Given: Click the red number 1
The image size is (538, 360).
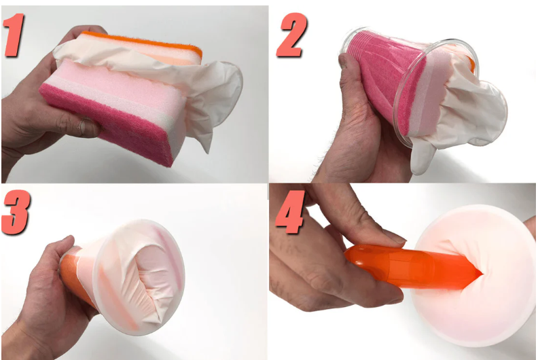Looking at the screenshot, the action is pos(14,35).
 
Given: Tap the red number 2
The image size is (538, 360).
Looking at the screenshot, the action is pos(291,35).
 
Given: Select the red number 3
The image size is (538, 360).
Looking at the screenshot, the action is pos(16,212).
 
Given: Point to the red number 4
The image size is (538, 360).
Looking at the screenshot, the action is pos(290,212).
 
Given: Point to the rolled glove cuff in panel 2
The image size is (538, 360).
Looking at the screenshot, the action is pos(487,110).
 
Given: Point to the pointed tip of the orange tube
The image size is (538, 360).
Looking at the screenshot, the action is pos(482,274).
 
